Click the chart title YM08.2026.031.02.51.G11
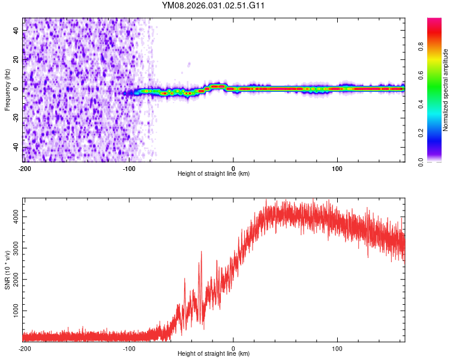[x=214, y=5]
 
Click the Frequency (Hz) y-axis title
[x=7, y=89]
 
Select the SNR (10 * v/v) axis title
[x=7, y=271]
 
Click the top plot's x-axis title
[x=214, y=174]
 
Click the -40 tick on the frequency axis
[x=16, y=148]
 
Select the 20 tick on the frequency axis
[x=17, y=59]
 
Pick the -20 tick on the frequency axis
[x=16, y=118]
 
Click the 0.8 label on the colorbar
[x=421, y=47]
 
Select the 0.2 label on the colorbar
[x=421, y=133]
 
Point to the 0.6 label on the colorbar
[x=421, y=76]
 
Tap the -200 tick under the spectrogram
[x=25, y=168]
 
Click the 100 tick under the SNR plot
[x=337, y=348]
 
